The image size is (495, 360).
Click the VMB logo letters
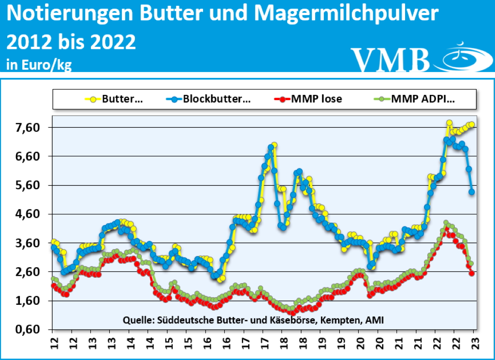[390, 59]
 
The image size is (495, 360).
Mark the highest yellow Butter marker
[449, 123]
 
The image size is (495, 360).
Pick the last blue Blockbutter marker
[472, 192]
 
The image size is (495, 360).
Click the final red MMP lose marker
[472, 273]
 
